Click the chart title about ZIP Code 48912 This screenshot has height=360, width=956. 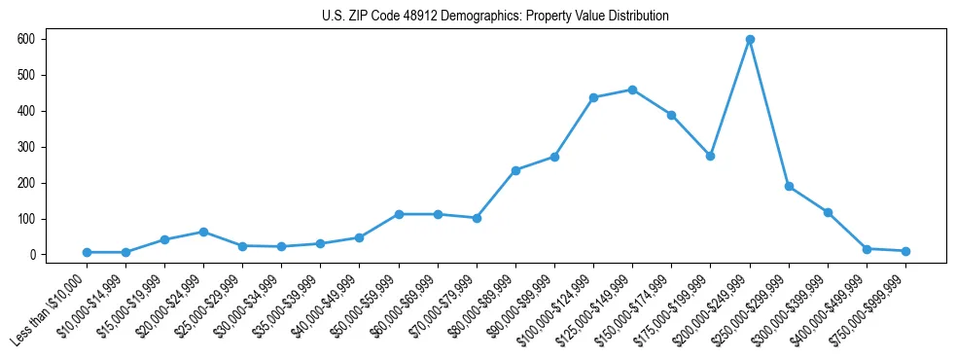[495, 17]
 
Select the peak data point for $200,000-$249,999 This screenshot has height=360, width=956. [750, 39]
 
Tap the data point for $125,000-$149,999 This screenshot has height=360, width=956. [632, 90]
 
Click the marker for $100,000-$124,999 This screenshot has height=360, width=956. [593, 97]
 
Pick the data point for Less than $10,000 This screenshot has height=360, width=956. [87, 252]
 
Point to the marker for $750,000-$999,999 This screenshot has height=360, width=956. [905, 251]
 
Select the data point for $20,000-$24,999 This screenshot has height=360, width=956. [203, 232]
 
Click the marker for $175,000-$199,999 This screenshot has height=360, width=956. [710, 156]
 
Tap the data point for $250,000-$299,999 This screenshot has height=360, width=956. [789, 186]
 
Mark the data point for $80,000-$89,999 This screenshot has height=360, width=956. [515, 170]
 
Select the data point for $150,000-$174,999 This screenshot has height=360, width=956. [671, 115]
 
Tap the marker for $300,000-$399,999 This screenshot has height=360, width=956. [828, 212]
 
